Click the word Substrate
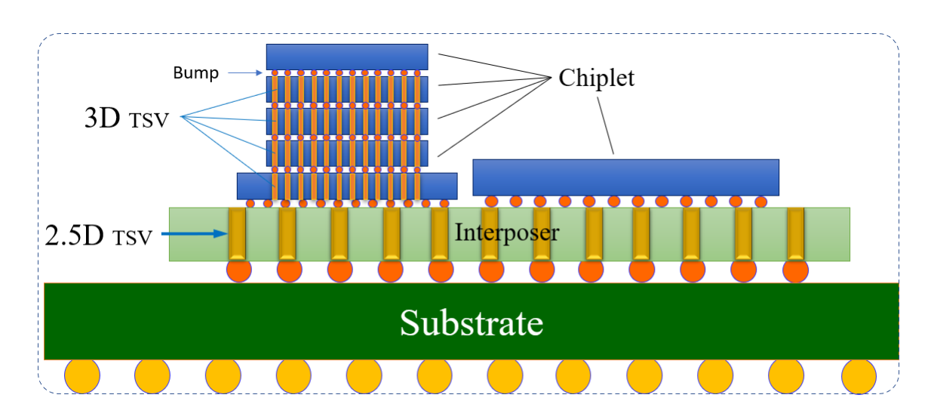tap(472, 322)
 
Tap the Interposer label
tap(507, 232)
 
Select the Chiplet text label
tap(596, 78)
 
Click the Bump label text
tap(195, 73)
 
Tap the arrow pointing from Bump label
tap(245, 73)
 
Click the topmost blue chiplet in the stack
tap(347, 57)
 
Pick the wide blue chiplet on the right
tap(625, 177)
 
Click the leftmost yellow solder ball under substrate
tap(82, 375)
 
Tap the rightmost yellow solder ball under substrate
tap(859, 375)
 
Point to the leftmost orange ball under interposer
tap(238, 270)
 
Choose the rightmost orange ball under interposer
tap(796, 270)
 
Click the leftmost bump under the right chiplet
tap(492, 202)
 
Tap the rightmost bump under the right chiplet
tap(760, 202)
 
